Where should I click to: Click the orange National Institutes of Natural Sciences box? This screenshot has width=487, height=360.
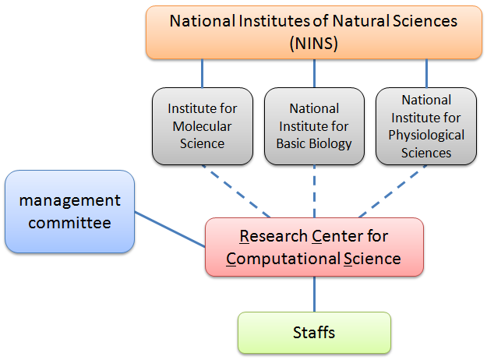[x=314, y=32]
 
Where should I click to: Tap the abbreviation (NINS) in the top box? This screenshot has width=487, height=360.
[x=314, y=43]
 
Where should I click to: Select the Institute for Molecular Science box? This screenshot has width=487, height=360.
[x=203, y=126]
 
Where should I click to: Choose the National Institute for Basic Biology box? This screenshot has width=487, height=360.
[x=314, y=126]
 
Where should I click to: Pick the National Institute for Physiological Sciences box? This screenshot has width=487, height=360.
[x=426, y=126]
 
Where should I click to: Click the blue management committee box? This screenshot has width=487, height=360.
[x=70, y=211]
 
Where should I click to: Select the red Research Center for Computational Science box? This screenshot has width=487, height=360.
[x=314, y=247]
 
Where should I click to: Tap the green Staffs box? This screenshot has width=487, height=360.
[x=314, y=333]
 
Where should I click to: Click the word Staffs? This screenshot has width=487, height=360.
[x=314, y=333]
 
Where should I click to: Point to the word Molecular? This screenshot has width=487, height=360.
[x=202, y=126]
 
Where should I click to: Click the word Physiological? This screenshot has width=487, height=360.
[x=426, y=136]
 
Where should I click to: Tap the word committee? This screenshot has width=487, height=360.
[x=70, y=223]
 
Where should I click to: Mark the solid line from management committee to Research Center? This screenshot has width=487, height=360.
[x=170, y=230]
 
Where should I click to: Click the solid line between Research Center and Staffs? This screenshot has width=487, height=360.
[x=314, y=294]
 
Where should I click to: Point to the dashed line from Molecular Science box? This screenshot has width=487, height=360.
[x=236, y=192]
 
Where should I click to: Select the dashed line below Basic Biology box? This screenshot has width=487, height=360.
[x=314, y=192]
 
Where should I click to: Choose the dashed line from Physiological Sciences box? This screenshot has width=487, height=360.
[x=393, y=192]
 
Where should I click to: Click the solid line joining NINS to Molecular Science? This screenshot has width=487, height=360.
[x=202, y=73]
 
